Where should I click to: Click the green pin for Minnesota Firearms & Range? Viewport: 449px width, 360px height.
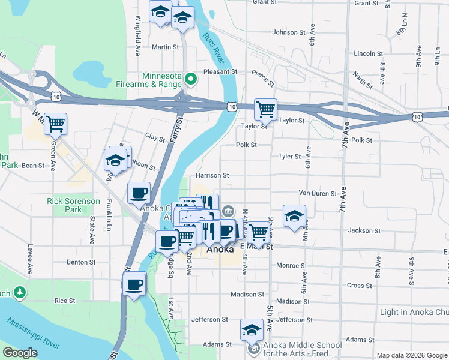pos(191,79)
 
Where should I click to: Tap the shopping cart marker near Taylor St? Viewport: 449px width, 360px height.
pos(265,110)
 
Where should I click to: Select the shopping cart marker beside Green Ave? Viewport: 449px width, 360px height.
pos(55,124)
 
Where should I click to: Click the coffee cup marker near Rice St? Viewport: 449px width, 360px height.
pos(134,284)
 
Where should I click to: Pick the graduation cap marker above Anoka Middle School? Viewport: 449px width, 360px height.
pos(252,329)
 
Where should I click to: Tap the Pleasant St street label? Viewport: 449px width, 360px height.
pos(220,71)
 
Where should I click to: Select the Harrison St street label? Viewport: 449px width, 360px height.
pos(212,176)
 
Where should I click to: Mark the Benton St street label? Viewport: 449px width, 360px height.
pos(78,262)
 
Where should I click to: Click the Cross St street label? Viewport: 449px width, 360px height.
pos(360,286)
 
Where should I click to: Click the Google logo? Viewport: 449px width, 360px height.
pos(20,353)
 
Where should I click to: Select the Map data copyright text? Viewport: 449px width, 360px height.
pos(412,355)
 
